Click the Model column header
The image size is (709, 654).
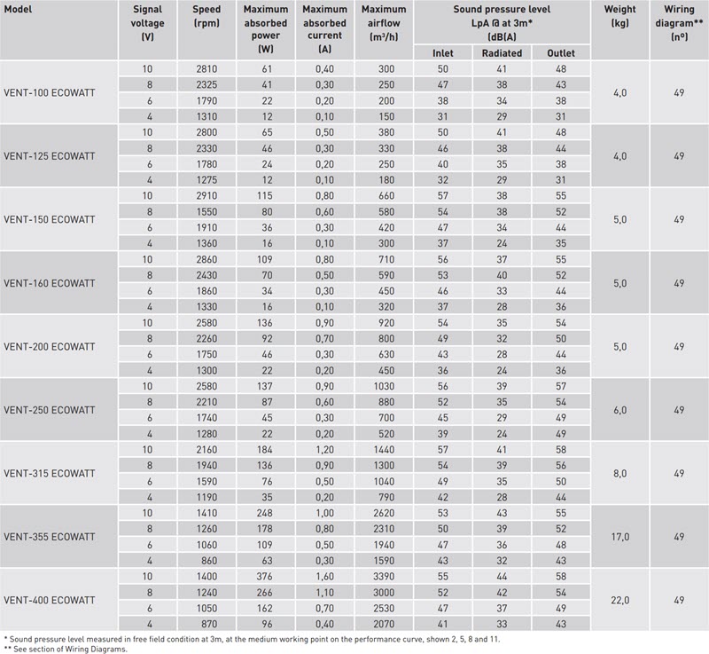(18, 9)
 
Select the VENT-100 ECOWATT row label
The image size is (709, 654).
(50, 93)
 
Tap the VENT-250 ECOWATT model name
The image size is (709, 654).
(50, 410)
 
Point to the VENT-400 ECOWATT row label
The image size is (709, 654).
(50, 600)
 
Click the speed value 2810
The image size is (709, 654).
(206, 69)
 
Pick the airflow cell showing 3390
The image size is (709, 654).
(384, 576)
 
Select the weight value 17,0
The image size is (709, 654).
(619, 537)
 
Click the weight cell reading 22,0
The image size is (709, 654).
(619, 600)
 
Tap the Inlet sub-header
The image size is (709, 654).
(442, 53)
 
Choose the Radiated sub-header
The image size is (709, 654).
(502, 53)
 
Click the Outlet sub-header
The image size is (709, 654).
(561, 53)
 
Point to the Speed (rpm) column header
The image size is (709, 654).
(206, 16)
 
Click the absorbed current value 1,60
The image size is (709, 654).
(324, 576)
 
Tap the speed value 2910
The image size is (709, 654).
(206, 195)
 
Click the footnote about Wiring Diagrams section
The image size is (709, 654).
(66, 649)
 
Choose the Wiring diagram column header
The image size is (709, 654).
(679, 23)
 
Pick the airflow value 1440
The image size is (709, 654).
(384, 449)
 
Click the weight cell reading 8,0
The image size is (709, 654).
(619, 473)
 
